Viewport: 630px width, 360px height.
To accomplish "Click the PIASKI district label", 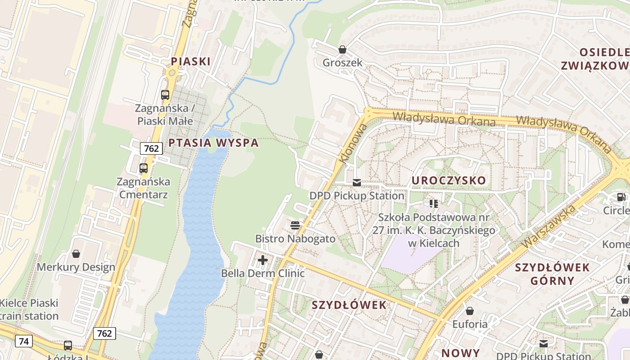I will pos(191,61).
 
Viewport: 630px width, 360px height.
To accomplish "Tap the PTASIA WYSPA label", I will pos(213,143).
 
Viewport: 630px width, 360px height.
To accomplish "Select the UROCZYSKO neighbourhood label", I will pos(449,180).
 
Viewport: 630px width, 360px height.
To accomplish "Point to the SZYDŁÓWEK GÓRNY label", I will pos(552,274).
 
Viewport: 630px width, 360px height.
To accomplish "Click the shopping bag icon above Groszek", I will pos(342,49).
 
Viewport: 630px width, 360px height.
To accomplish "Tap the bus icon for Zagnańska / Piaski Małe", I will pos(165,95).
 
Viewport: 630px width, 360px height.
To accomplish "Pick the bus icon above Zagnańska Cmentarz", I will pos(144,168).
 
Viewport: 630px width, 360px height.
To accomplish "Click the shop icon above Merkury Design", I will pos(76,254).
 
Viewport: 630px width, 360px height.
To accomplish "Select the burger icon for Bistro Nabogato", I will pos(295,225).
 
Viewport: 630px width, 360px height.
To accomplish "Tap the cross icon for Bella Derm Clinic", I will pos(263,260).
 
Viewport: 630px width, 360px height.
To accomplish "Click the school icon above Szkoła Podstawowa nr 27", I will pos(434,204).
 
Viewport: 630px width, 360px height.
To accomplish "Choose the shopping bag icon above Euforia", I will pos(470,311).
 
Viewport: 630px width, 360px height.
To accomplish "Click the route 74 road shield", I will pos(24,342).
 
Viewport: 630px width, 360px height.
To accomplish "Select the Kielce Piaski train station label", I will pos(29,310).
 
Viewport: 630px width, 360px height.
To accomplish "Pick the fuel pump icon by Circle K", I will pos(621,197).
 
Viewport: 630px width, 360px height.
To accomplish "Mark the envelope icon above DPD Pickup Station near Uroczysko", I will pos(357,182).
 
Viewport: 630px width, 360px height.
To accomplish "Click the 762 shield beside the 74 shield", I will pos(104,333).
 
